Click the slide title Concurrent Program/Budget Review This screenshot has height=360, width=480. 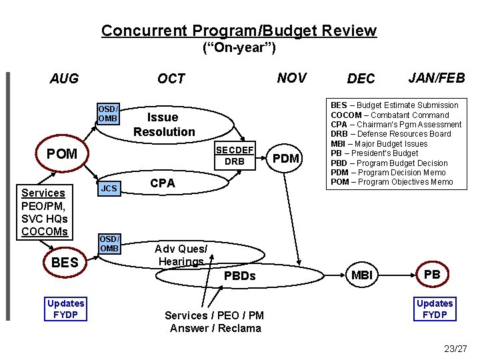tap(239, 31)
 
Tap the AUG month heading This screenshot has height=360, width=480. tap(64, 79)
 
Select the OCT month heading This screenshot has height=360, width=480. tap(171, 79)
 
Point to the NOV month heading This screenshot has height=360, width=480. tap(291, 78)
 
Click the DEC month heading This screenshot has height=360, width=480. tap(361, 79)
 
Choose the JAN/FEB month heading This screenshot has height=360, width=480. tap(437, 78)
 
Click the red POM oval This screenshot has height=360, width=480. tap(62, 154)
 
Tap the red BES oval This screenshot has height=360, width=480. tap(65, 263)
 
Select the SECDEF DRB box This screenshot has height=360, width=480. tap(235, 156)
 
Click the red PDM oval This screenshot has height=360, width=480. tap(287, 158)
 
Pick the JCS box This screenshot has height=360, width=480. tap(109, 189)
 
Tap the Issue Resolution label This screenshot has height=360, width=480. tap(164, 125)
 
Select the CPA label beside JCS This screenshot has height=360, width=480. tap(163, 183)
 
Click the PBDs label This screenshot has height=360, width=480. tap(240, 276)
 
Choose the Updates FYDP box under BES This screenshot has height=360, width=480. tap(65, 309)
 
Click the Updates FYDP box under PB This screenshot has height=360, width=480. tap(435, 309)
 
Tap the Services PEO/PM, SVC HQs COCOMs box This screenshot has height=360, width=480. tap(45, 212)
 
